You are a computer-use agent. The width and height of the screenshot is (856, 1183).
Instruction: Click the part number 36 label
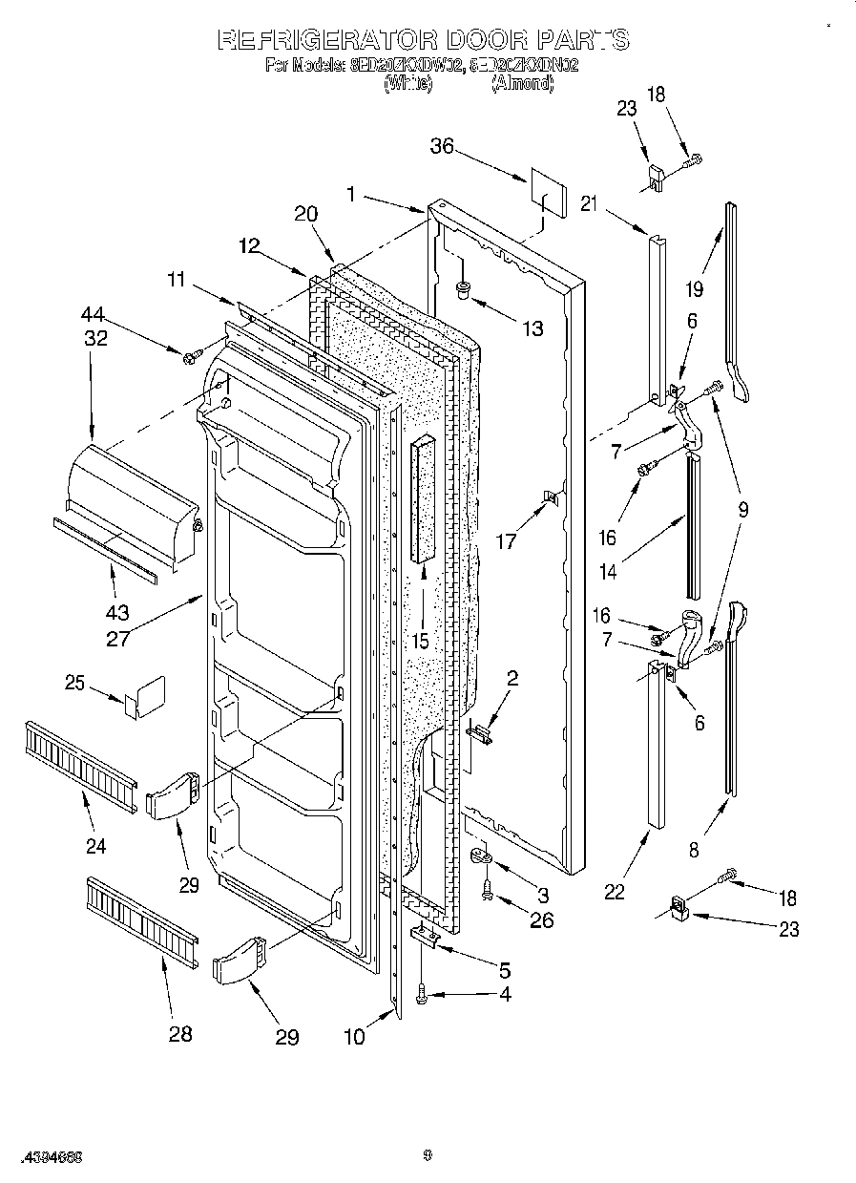441,146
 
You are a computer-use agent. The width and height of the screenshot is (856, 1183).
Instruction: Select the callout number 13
532,328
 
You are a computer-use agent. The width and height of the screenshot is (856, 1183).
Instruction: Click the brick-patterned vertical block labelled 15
423,501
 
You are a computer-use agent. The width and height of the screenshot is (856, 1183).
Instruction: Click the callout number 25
75,683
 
